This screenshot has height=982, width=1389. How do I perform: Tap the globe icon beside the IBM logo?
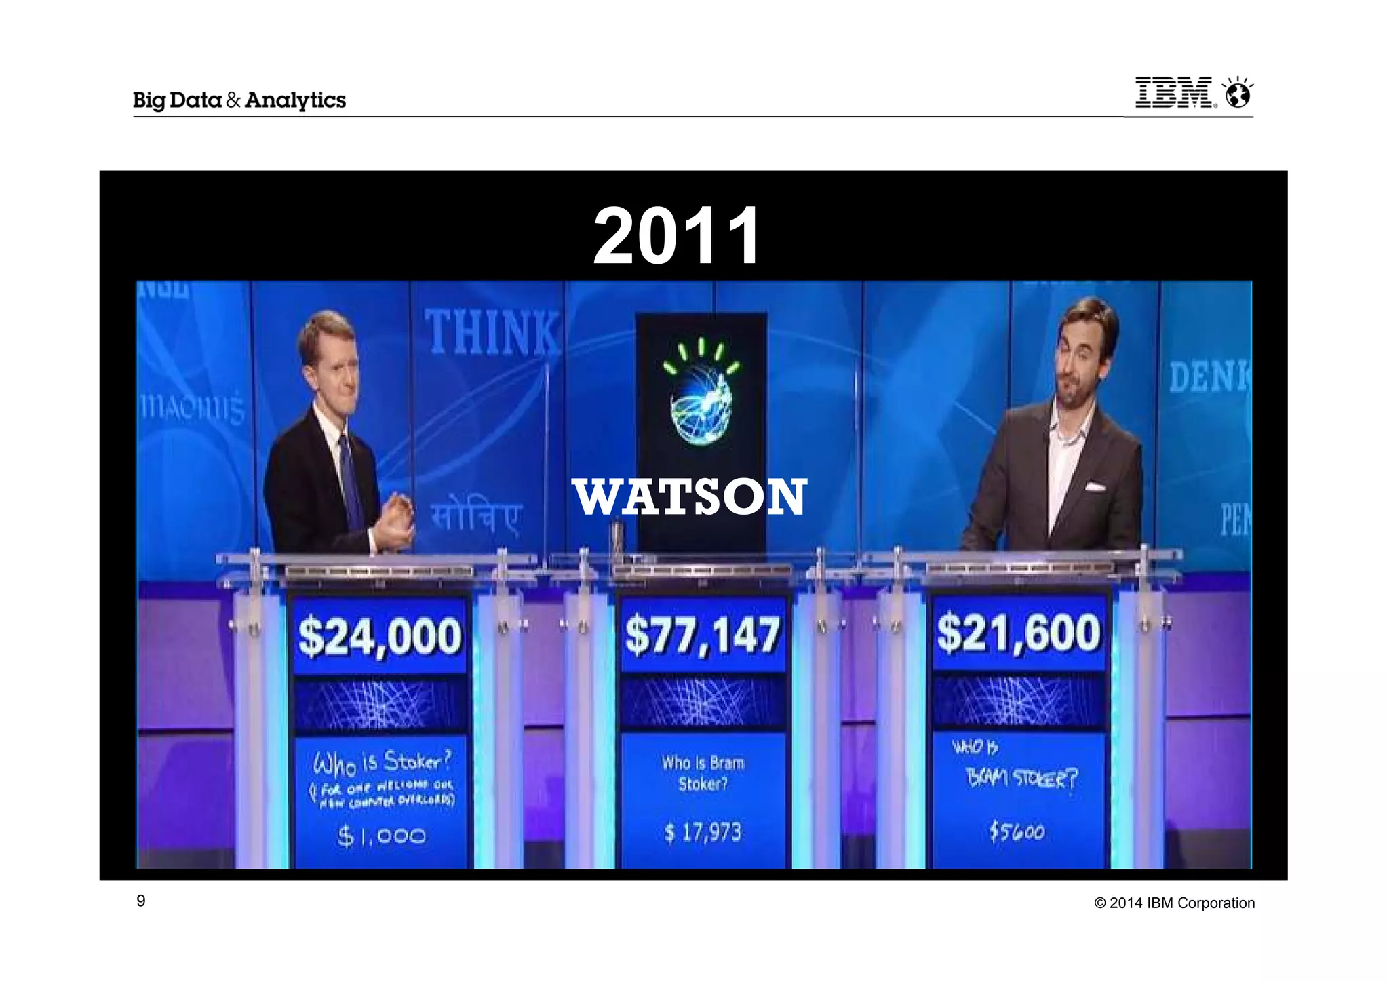pyautogui.click(x=1238, y=94)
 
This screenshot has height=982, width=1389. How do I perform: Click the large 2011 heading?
pyautogui.click(x=677, y=236)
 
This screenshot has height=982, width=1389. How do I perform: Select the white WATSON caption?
pyautogui.click(x=690, y=497)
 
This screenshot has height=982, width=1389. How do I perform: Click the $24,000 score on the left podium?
pyautogui.click(x=380, y=637)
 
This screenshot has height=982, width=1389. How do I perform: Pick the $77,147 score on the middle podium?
pyautogui.click(x=703, y=635)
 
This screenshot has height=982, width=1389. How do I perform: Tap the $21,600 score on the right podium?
pyautogui.click(x=1018, y=633)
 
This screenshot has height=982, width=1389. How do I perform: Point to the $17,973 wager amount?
pyautogui.click(x=703, y=832)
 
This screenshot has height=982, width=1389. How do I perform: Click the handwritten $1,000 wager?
pyautogui.click(x=382, y=836)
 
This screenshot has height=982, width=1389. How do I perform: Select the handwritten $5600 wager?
pyautogui.click(x=1016, y=831)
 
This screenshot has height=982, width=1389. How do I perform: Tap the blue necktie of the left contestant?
pyautogui.click(x=351, y=482)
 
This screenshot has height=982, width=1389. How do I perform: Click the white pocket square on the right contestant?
pyautogui.click(x=1094, y=486)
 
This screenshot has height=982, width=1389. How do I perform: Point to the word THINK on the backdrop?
pyautogui.click(x=492, y=332)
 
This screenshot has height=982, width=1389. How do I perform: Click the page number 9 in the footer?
pyautogui.click(x=141, y=901)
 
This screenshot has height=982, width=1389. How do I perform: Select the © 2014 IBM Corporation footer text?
pyautogui.click(x=1175, y=903)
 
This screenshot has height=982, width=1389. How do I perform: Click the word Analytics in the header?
pyautogui.click(x=295, y=100)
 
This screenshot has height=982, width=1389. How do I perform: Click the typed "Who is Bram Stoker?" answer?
pyautogui.click(x=703, y=773)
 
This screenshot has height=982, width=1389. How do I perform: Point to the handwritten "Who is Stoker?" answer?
pyautogui.click(x=382, y=763)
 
